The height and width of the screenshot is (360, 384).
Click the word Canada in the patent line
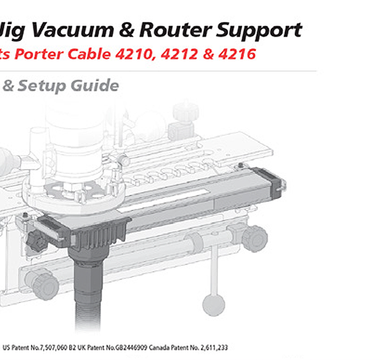point(159,347)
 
